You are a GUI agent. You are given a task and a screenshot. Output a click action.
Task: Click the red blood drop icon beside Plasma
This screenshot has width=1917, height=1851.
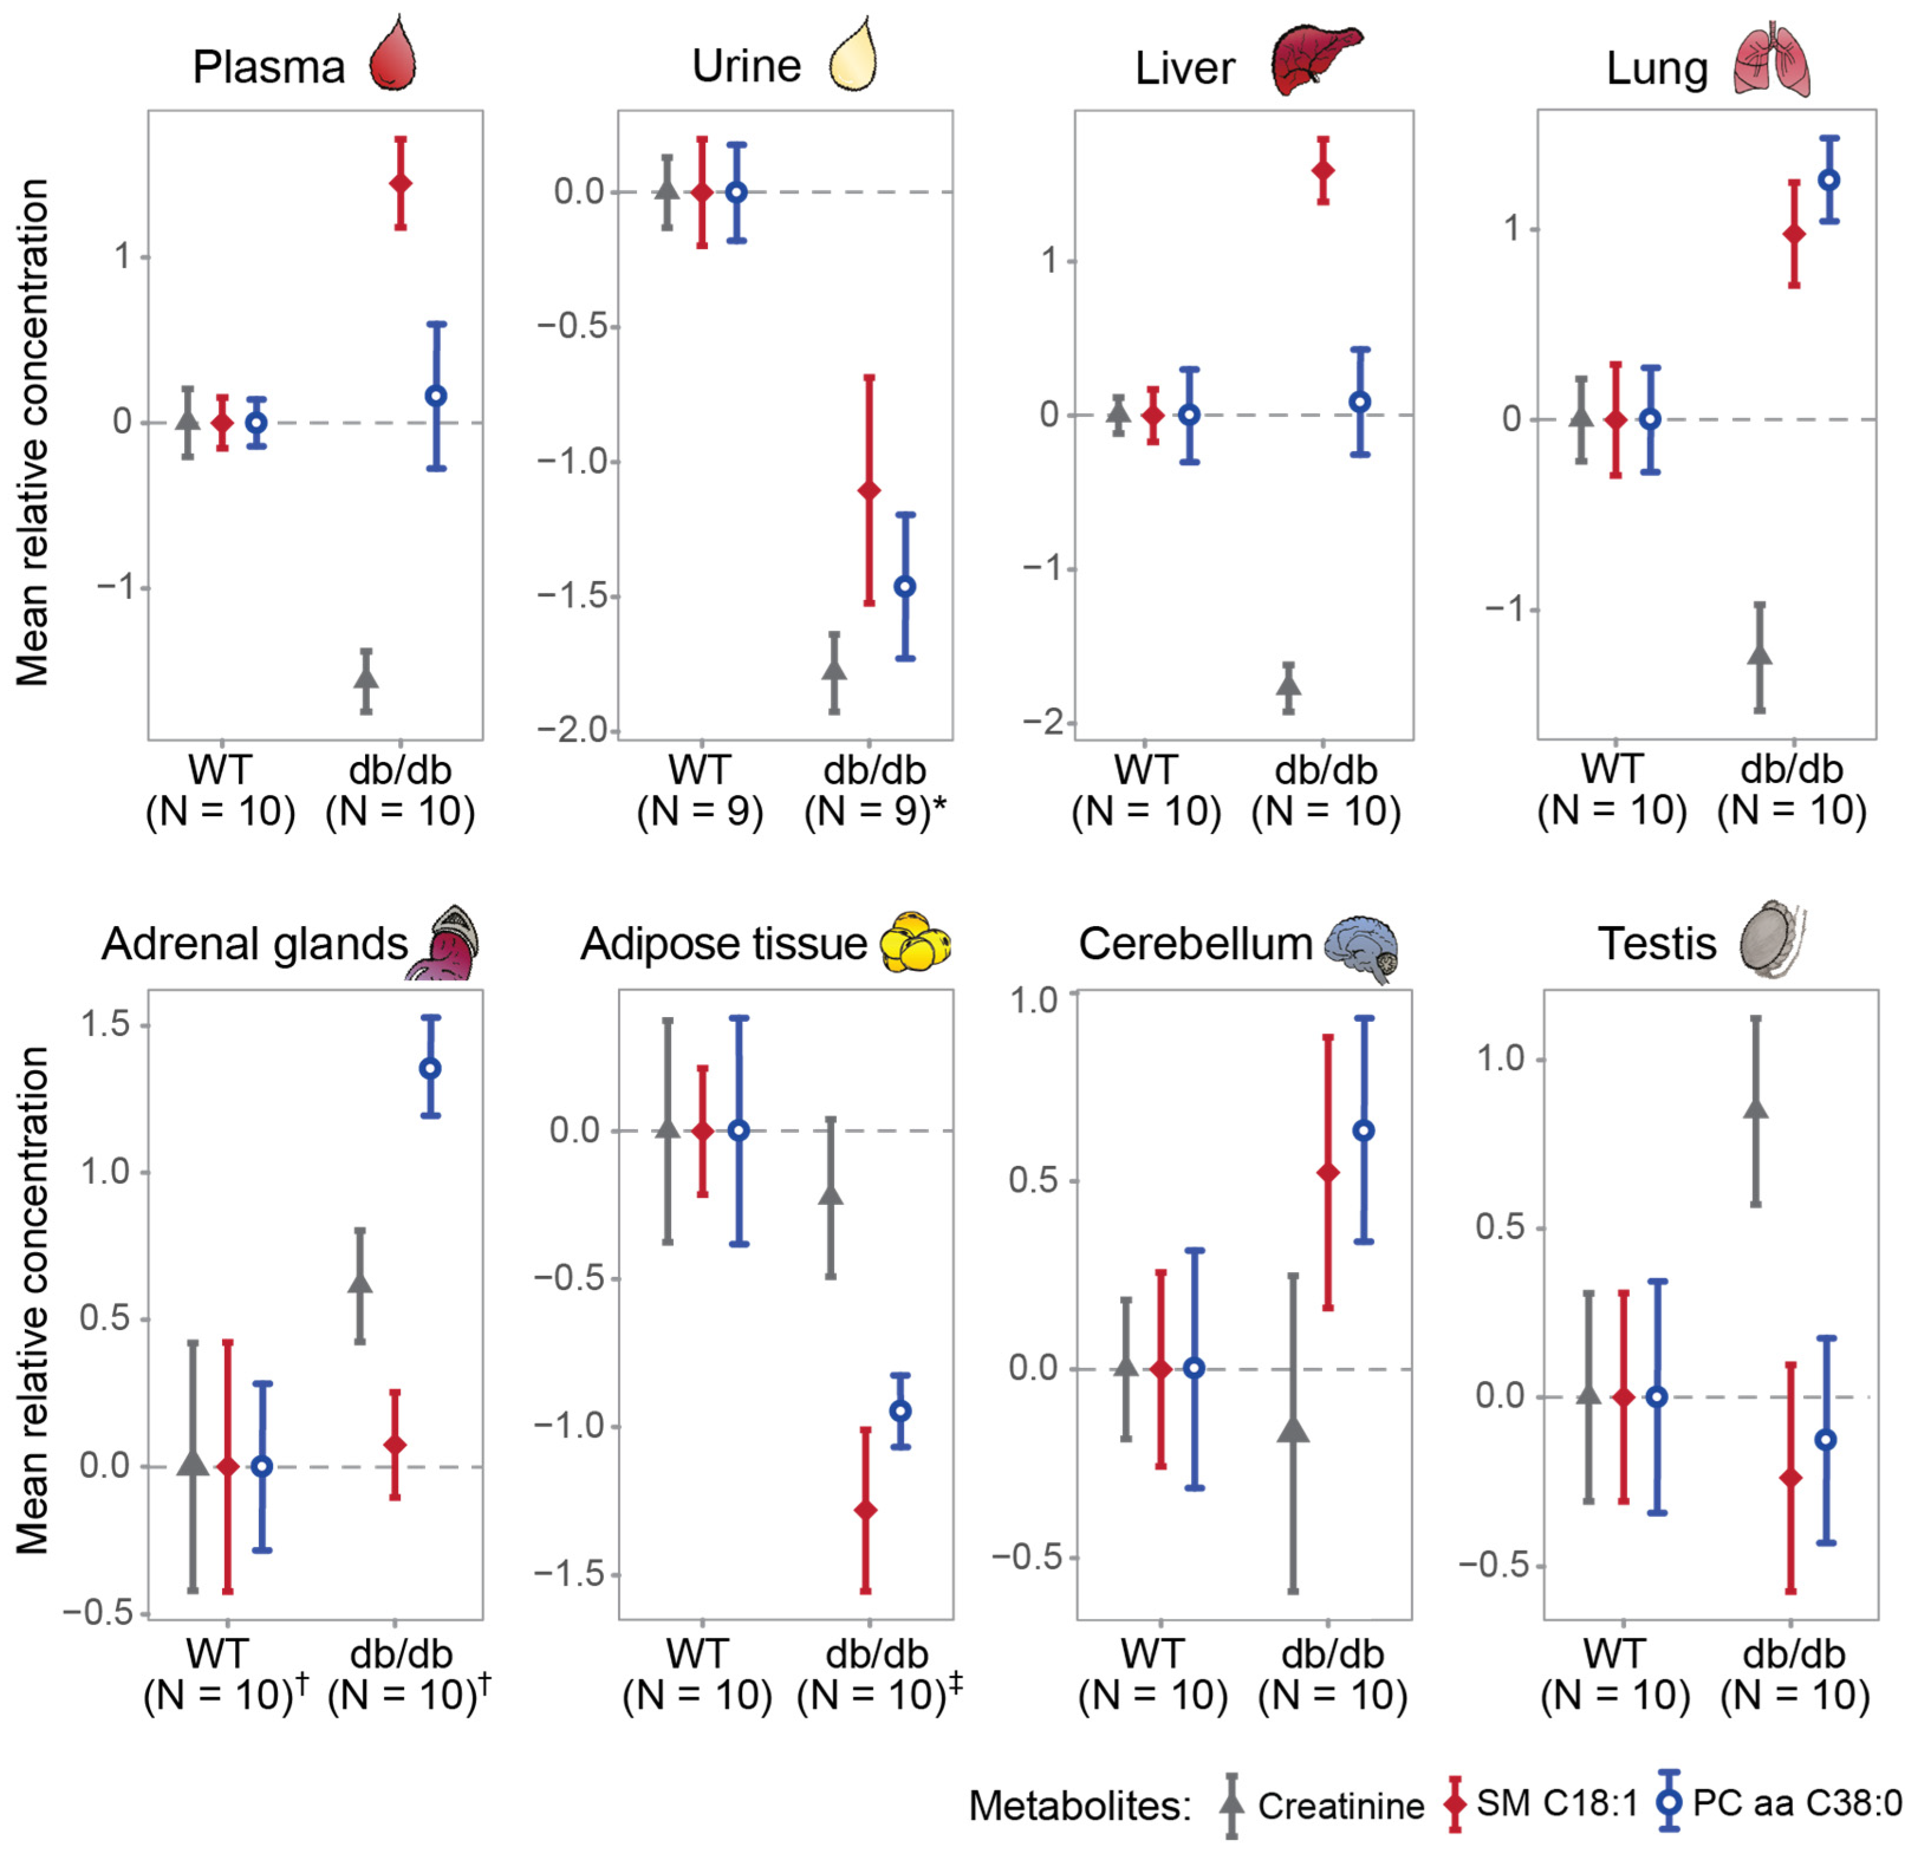(393, 56)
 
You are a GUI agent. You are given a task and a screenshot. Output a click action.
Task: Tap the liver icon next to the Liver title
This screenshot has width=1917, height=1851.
(1316, 61)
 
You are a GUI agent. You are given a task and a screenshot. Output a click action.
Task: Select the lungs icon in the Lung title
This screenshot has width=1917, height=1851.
(1771, 61)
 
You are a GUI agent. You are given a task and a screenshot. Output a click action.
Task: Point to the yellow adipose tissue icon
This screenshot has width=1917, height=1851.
(916, 941)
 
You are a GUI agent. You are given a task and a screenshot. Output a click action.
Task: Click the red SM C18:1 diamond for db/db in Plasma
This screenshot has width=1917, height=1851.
(400, 183)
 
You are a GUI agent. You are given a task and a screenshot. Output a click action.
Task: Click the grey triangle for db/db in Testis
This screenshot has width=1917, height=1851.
(1756, 1108)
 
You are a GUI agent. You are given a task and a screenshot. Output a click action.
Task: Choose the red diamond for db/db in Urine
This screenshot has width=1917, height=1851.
(868, 489)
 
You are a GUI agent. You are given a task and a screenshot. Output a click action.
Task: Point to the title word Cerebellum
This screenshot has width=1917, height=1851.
(1195, 944)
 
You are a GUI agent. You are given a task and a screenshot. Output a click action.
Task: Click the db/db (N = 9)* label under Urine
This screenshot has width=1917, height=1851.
(875, 790)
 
